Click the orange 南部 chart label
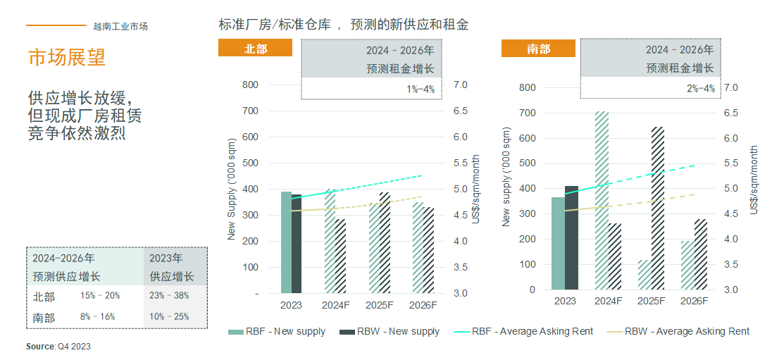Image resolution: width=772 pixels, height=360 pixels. [x=538, y=49]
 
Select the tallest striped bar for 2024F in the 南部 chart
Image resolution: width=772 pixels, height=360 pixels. [x=602, y=200]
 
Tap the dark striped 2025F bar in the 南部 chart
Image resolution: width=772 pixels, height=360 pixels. [x=658, y=208]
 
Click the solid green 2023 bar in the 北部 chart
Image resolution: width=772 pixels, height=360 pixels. [x=286, y=242]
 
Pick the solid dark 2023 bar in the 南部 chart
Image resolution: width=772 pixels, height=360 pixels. [x=571, y=237]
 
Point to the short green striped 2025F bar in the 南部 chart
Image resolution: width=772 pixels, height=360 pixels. [x=645, y=275]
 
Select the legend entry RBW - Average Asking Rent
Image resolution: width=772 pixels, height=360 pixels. [x=687, y=331]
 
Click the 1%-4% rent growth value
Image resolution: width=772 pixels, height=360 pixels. [x=421, y=89]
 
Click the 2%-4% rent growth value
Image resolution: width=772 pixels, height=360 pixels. [x=700, y=89]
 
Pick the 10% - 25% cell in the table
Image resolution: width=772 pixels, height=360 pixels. [x=169, y=317]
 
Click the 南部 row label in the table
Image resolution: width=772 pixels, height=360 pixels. [x=44, y=317]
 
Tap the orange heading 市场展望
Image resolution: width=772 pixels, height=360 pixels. [x=67, y=57]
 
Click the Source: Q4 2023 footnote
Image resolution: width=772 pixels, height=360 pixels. [x=58, y=347]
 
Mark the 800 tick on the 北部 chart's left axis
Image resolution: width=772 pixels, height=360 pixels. [x=250, y=85]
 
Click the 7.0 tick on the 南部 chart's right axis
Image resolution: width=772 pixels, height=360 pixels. [x=730, y=87]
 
